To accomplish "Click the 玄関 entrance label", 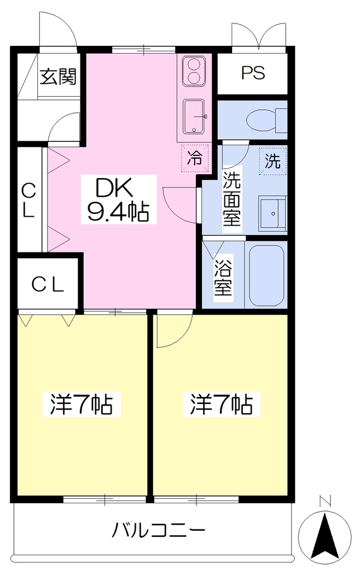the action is [58, 76].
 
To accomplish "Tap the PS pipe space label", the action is [253, 73].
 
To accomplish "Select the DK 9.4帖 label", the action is [118, 200].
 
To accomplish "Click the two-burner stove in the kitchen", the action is [194, 71].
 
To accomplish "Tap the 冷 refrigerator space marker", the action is [195, 158].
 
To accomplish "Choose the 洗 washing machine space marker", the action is [272, 161].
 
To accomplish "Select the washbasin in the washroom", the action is [272, 213].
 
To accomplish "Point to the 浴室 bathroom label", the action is [223, 278].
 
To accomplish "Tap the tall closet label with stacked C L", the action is [28, 201].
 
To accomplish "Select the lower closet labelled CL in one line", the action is [48, 285].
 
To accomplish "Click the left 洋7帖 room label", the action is [81, 404].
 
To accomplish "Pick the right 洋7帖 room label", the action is [222, 404].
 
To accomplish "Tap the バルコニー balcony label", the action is [158, 530].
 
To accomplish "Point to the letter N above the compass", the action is [325, 500].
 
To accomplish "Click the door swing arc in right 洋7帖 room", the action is [181, 338].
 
